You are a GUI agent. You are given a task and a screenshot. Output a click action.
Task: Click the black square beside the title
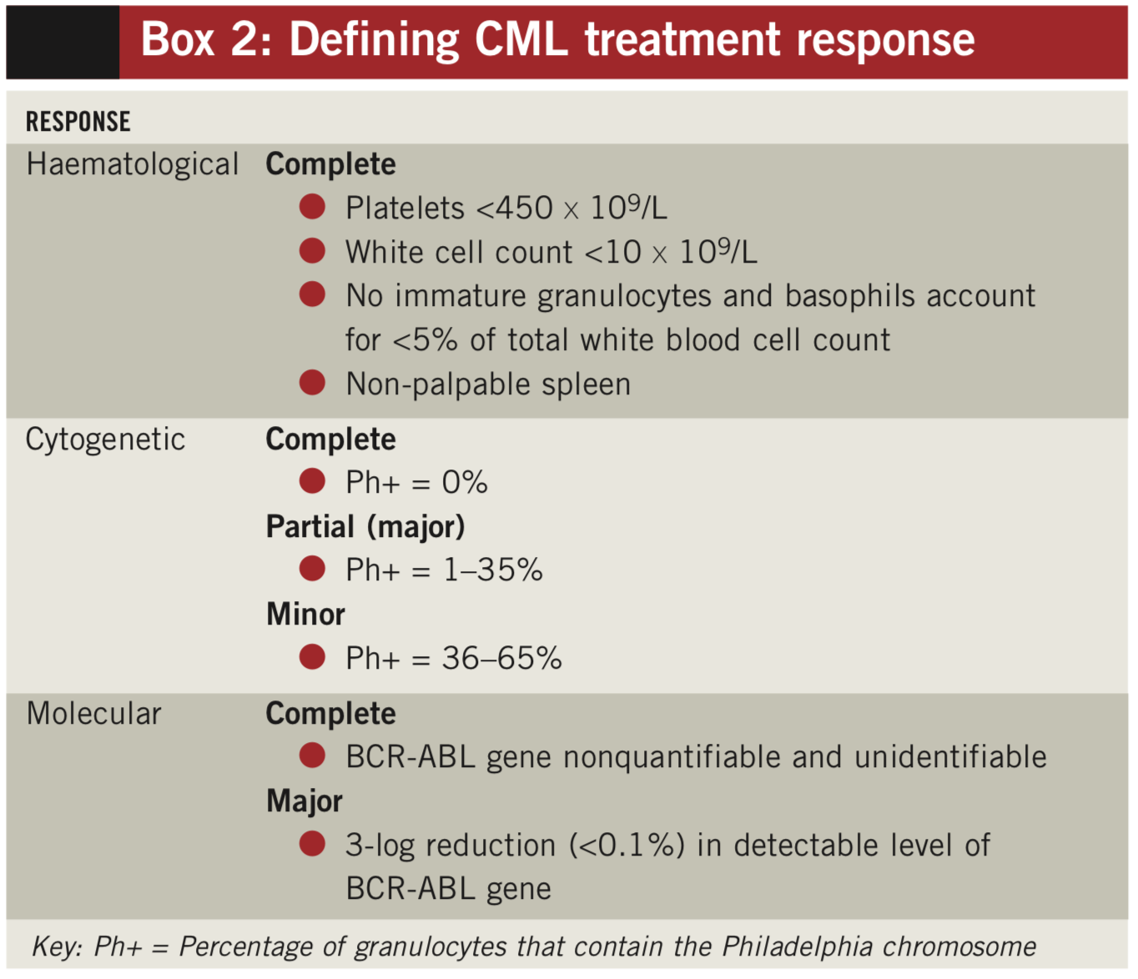tap(63, 42)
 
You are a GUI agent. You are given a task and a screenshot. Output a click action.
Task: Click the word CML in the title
tap(521, 39)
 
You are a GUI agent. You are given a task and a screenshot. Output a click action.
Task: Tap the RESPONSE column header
tap(78, 122)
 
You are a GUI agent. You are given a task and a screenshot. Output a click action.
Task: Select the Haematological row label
tap(132, 164)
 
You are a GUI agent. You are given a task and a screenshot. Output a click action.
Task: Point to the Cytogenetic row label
tap(105, 439)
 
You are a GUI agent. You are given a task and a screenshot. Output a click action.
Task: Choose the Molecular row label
tap(93, 714)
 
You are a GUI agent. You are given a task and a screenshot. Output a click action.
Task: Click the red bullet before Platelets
tap(312, 207)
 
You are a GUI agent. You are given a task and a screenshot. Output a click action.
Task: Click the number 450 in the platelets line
tap(524, 208)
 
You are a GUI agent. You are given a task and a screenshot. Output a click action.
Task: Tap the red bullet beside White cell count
tap(312, 251)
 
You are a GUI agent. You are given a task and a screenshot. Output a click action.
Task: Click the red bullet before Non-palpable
tap(312, 383)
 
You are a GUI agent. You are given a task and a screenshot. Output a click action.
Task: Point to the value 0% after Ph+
tap(465, 483)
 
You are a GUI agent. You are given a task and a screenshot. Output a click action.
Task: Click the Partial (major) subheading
tap(365, 527)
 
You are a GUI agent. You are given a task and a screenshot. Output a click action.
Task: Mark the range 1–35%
tap(492, 570)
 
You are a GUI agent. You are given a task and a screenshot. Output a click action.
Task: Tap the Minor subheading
tap(305, 615)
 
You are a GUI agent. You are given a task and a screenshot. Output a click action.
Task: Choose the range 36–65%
tap(501, 659)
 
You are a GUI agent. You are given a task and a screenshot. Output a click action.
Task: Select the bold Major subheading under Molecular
tap(305, 801)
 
